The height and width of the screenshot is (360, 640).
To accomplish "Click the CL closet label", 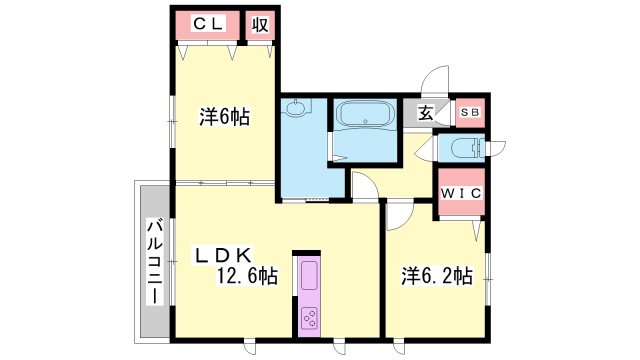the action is [x=208, y=24].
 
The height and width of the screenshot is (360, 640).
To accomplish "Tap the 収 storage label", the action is [x=260, y=25].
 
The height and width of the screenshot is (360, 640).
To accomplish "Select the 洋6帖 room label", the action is [x=224, y=117].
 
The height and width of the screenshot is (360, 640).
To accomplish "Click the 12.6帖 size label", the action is [x=247, y=276].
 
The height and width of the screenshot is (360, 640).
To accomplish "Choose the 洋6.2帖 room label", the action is [x=437, y=276].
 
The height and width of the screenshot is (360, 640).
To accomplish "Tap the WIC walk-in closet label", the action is [x=462, y=193].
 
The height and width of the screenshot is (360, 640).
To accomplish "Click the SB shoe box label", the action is [x=470, y=112].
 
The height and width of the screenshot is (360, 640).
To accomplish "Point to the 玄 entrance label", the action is [x=426, y=113].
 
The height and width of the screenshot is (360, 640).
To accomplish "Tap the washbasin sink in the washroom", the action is [x=296, y=108].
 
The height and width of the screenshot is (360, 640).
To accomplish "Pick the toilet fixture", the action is [x=466, y=148].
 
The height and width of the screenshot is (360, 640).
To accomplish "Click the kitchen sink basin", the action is [x=309, y=275].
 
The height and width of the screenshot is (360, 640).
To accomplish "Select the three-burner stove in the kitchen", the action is [x=309, y=318].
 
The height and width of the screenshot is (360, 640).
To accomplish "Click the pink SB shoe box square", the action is [x=470, y=113].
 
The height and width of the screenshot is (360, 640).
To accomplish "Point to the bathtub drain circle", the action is [x=365, y=121].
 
